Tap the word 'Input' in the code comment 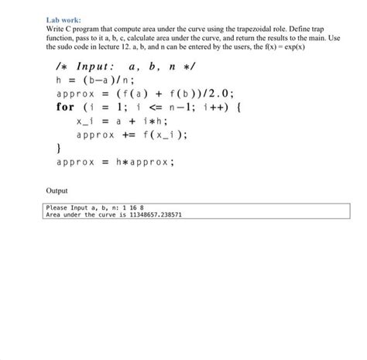coord(98,66)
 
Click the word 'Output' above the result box coord(57,190)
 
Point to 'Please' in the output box coord(58,207)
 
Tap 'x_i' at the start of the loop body coord(85,121)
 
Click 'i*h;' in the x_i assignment coord(151,121)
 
